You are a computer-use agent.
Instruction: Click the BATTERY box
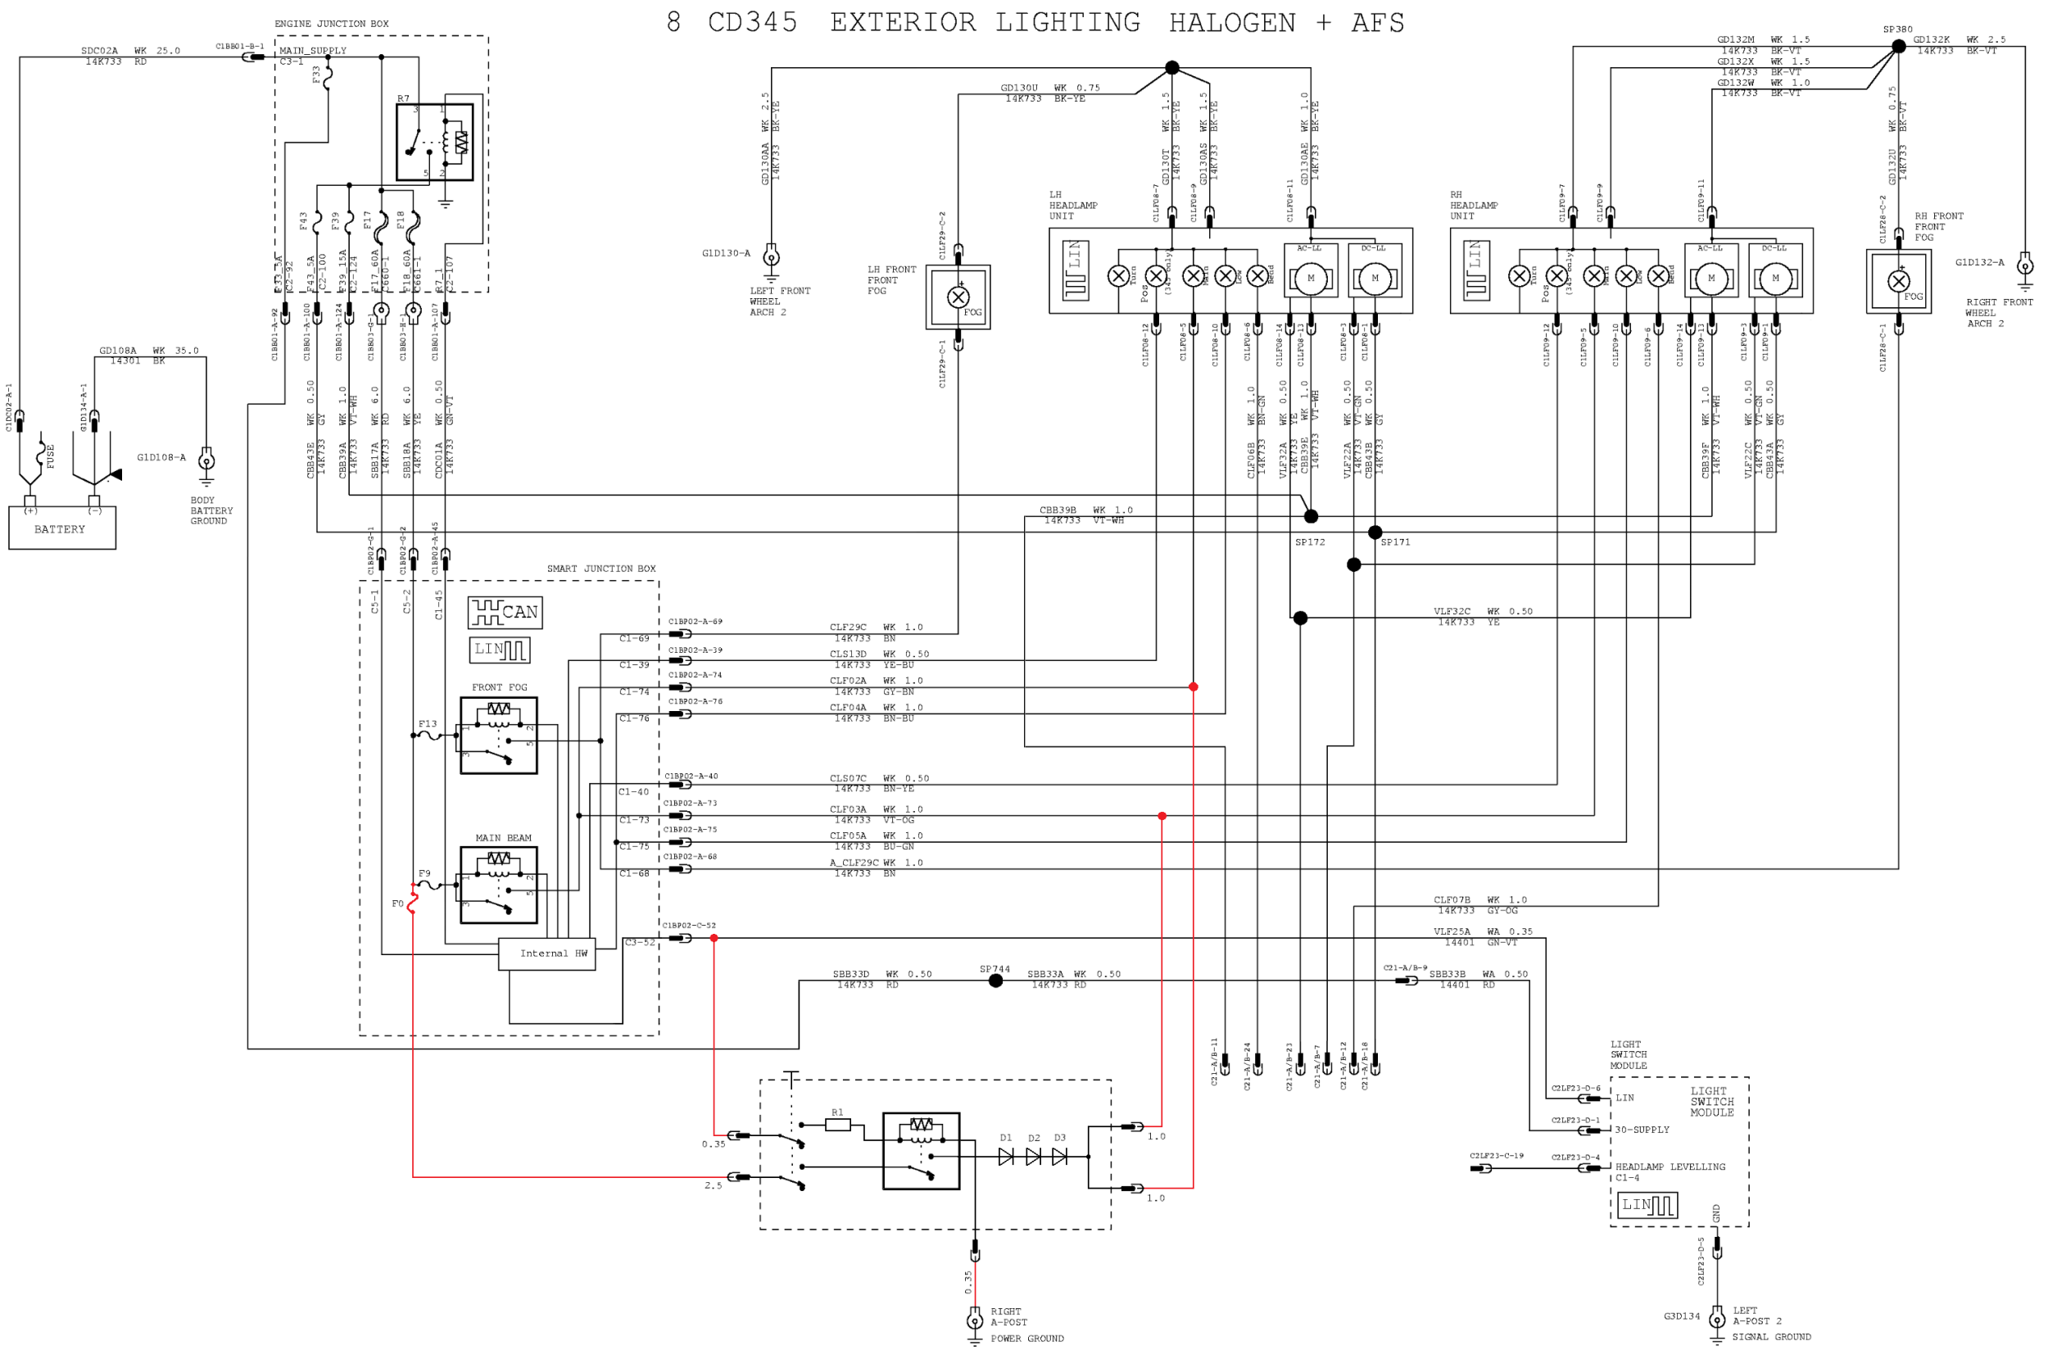tap(61, 528)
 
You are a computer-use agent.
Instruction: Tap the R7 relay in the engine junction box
tap(434, 143)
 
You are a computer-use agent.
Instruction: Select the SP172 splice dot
tap(1311, 517)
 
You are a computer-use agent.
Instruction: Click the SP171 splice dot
tap(1375, 532)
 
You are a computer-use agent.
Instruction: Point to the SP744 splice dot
tap(995, 981)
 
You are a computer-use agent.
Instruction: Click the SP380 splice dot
tap(1897, 47)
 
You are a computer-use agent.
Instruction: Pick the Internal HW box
tap(547, 954)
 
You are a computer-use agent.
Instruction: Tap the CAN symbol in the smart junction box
tap(505, 612)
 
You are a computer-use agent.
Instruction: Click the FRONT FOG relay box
tap(498, 735)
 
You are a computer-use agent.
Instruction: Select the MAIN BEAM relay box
tap(498, 885)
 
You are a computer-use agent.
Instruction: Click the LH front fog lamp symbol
tap(958, 297)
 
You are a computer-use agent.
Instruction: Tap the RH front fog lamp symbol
tap(1898, 281)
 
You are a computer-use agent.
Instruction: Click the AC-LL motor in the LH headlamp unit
tap(1310, 279)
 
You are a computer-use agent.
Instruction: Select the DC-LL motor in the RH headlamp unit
tap(1775, 279)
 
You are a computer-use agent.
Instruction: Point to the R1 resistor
tap(837, 1124)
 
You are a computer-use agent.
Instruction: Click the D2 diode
tap(1032, 1156)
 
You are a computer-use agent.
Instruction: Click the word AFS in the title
tap(1377, 23)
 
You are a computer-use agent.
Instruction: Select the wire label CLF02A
tap(847, 681)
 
